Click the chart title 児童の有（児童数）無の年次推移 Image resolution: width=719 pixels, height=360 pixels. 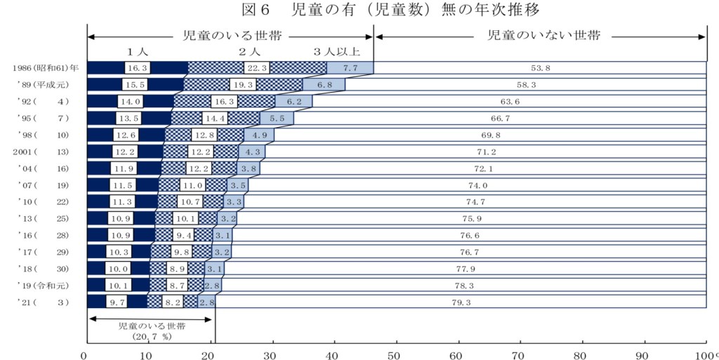(x=393, y=10)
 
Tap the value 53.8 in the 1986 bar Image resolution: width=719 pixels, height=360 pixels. (x=541, y=68)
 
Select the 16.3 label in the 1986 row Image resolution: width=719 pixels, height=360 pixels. (x=136, y=68)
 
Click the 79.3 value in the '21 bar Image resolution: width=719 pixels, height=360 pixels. (x=461, y=302)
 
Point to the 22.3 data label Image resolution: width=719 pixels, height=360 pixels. (x=257, y=68)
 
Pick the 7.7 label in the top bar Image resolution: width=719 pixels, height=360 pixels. (x=350, y=68)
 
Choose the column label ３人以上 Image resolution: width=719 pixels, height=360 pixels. (x=337, y=52)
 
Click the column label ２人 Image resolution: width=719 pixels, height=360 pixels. (x=249, y=52)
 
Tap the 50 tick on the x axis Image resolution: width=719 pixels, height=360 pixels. (x=395, y=354)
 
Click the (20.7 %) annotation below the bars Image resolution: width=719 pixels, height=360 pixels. (x=151, y=337)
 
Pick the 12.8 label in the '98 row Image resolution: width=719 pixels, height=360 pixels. (x=204, y=135)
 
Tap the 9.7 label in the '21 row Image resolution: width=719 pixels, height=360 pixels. (x=117, y=302)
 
